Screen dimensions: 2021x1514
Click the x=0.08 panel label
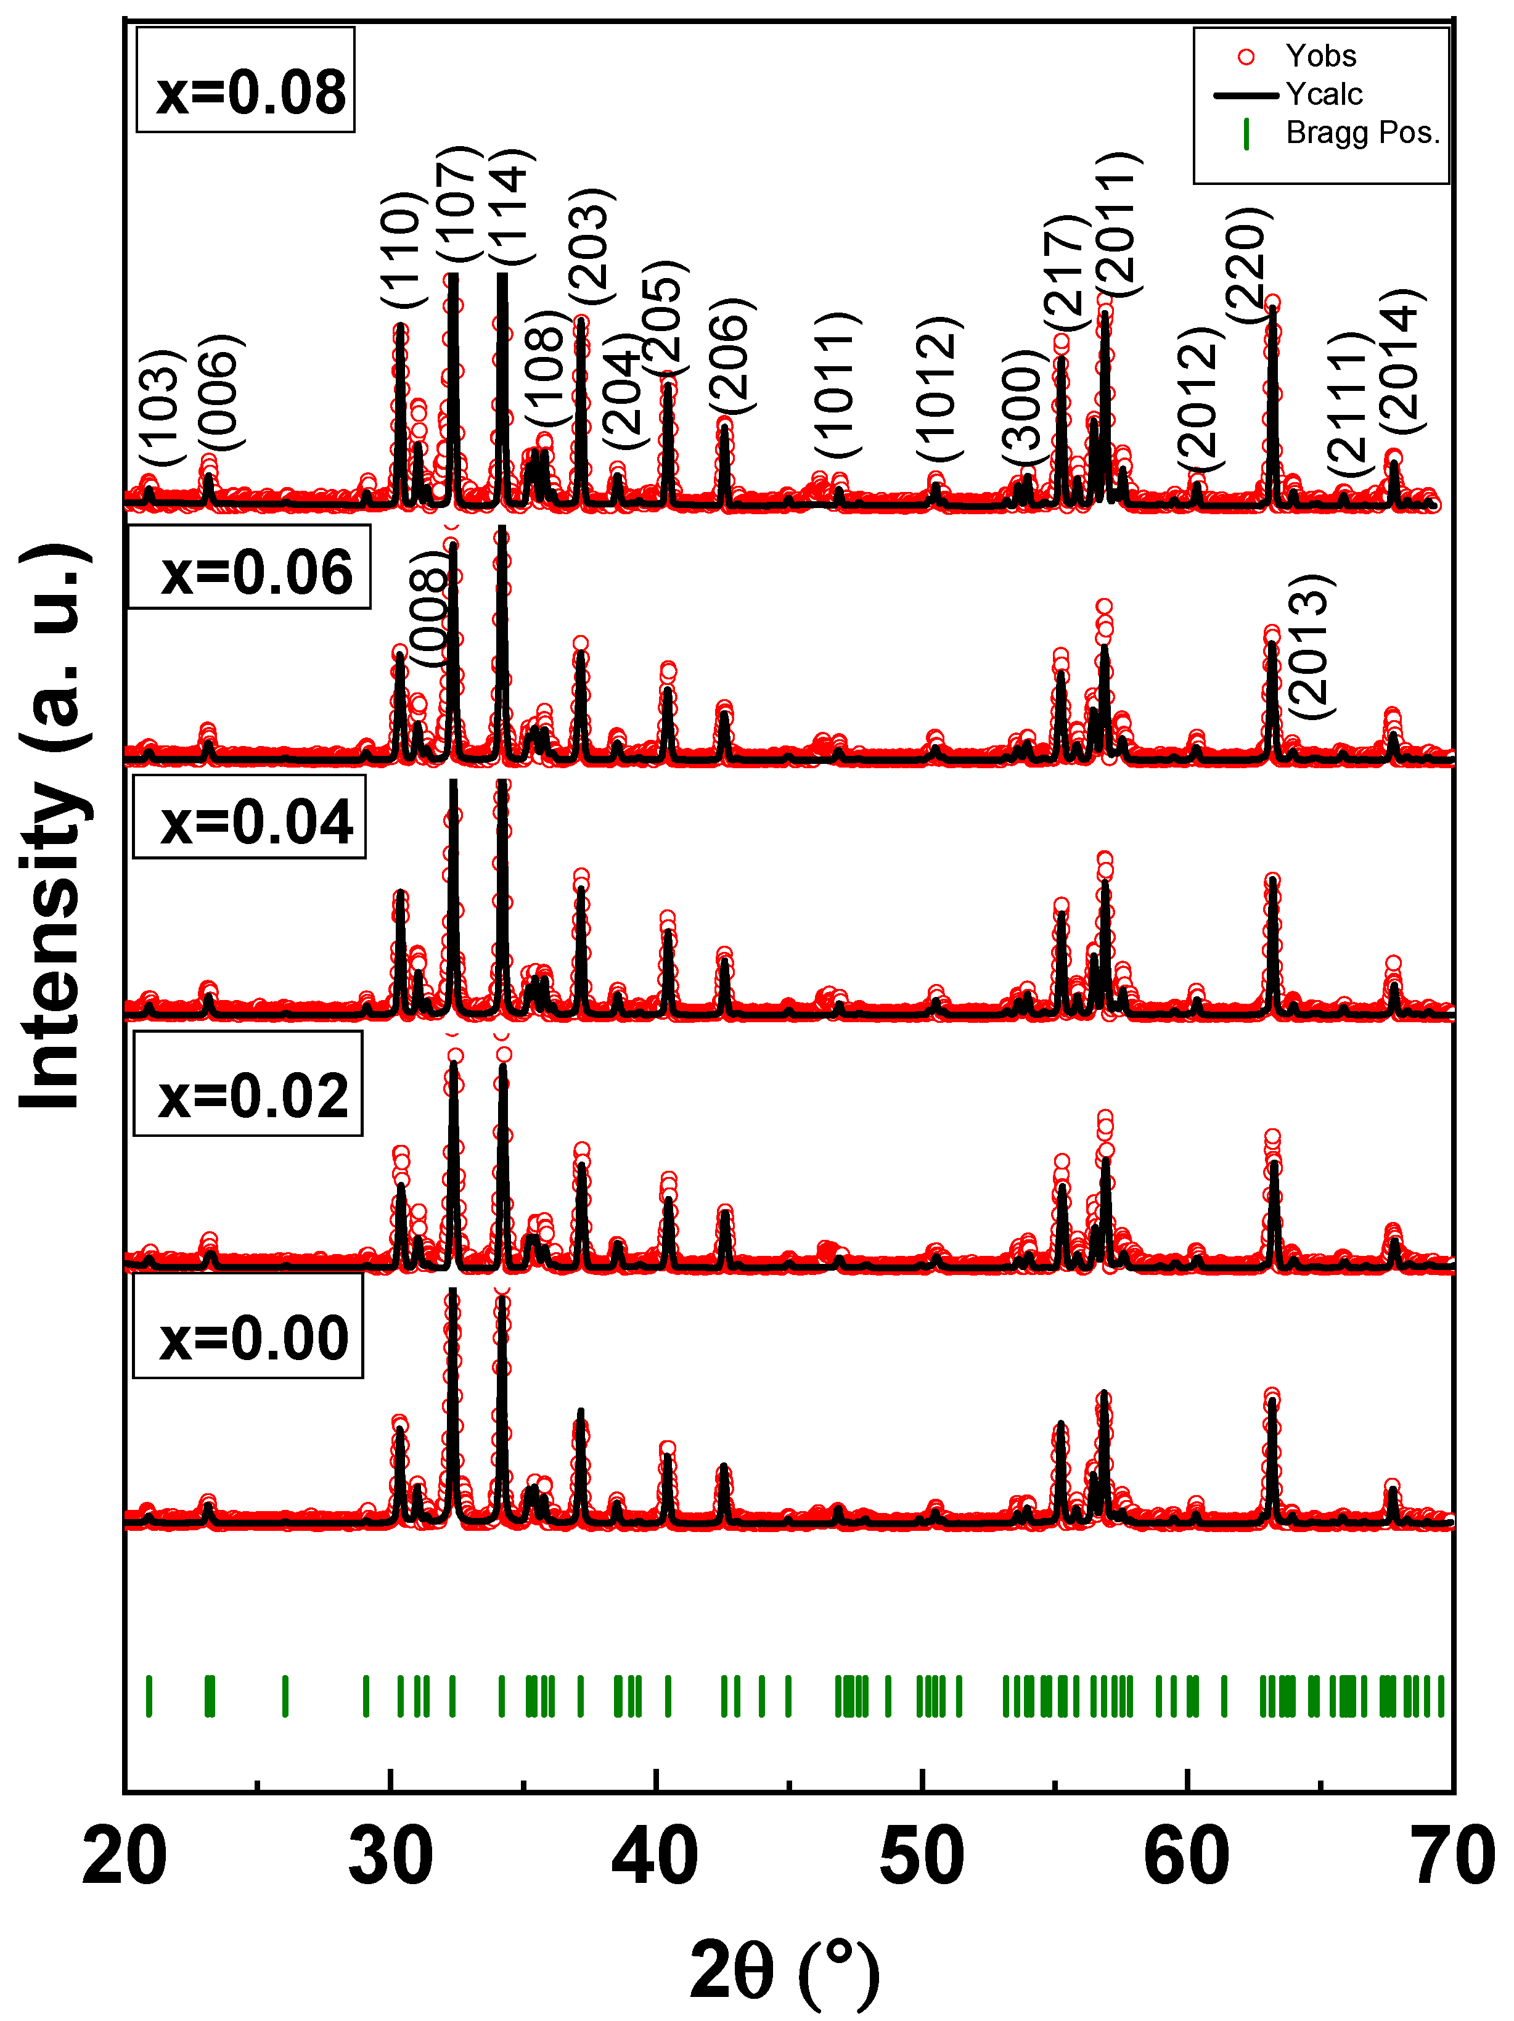pos(247,91)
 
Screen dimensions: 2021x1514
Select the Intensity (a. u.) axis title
pos(55,827)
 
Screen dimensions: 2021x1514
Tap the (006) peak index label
pos(219,392)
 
